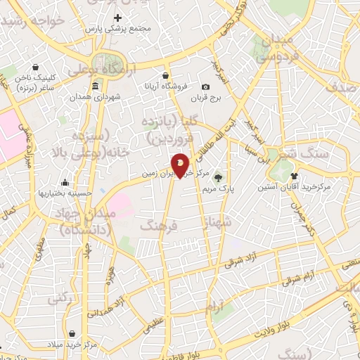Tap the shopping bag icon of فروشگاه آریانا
coord(165,75)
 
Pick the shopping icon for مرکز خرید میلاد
coord(70,333)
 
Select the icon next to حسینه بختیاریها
coord(65,182)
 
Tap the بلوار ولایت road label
coord(274,323)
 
